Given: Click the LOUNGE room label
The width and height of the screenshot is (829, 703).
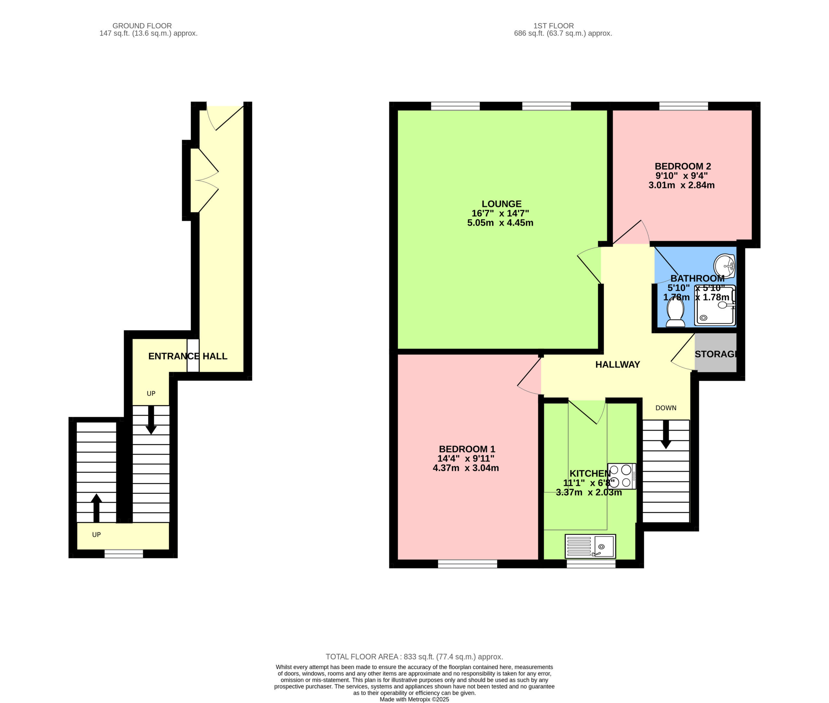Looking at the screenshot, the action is click(x=501, y=204).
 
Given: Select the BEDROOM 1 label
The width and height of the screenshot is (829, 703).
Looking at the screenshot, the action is click(x=467, y=449).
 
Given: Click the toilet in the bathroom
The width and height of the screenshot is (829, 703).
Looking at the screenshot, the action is click(x=675, y=313).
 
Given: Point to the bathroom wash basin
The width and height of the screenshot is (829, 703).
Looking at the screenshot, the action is click(x=724, y=266).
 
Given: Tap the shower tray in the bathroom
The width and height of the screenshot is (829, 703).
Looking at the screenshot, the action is click(x=715, y=305).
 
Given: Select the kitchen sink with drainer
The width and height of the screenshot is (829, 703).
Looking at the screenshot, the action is click(x=590, y=546).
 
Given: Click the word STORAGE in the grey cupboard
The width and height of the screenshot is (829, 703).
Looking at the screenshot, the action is click(x=716, y=354).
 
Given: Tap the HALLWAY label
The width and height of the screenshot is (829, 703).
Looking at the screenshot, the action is click(x=617, y=364).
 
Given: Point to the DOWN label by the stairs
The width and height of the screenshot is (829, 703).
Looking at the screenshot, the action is click(x=666, y=408).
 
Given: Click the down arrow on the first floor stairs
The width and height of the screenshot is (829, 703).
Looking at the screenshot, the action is click(x=665, y=434).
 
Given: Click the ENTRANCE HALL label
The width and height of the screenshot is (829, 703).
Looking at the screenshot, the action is click(x=188, y=356).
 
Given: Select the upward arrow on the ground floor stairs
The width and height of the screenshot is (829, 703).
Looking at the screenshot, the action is click(x=97, y=508).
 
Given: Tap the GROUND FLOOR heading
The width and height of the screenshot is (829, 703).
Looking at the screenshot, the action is click(x=142, y=26).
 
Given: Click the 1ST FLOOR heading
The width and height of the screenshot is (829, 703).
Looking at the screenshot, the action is click(x=553, y=26).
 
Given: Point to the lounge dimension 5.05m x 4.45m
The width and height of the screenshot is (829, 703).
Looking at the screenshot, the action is click(x=500, y=223).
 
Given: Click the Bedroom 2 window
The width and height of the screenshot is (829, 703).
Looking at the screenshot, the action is click(x=684, y=106).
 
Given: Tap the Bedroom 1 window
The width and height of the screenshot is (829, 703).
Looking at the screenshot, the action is click(x=467, y=564).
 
